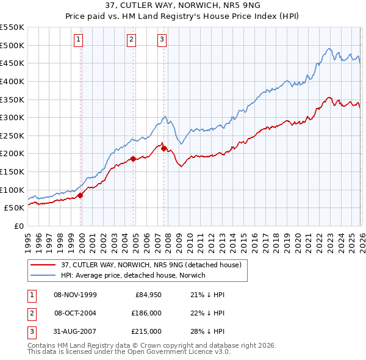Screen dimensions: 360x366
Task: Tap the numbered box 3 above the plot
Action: (162, 40)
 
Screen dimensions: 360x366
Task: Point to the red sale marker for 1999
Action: (81, 195)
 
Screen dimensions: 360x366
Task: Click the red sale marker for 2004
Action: (133, 159)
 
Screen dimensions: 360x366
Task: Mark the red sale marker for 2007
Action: (164, 148)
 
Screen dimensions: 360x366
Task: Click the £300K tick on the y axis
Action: (12, 117)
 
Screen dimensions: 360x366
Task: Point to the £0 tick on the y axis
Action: (18, 226)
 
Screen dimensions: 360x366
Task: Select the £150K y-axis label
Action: (12, 171)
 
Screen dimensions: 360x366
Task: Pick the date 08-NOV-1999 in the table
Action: (75, 295)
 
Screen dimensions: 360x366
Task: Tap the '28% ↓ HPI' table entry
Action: (199, 331)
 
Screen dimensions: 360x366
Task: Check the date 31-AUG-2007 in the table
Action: (75, 331)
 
